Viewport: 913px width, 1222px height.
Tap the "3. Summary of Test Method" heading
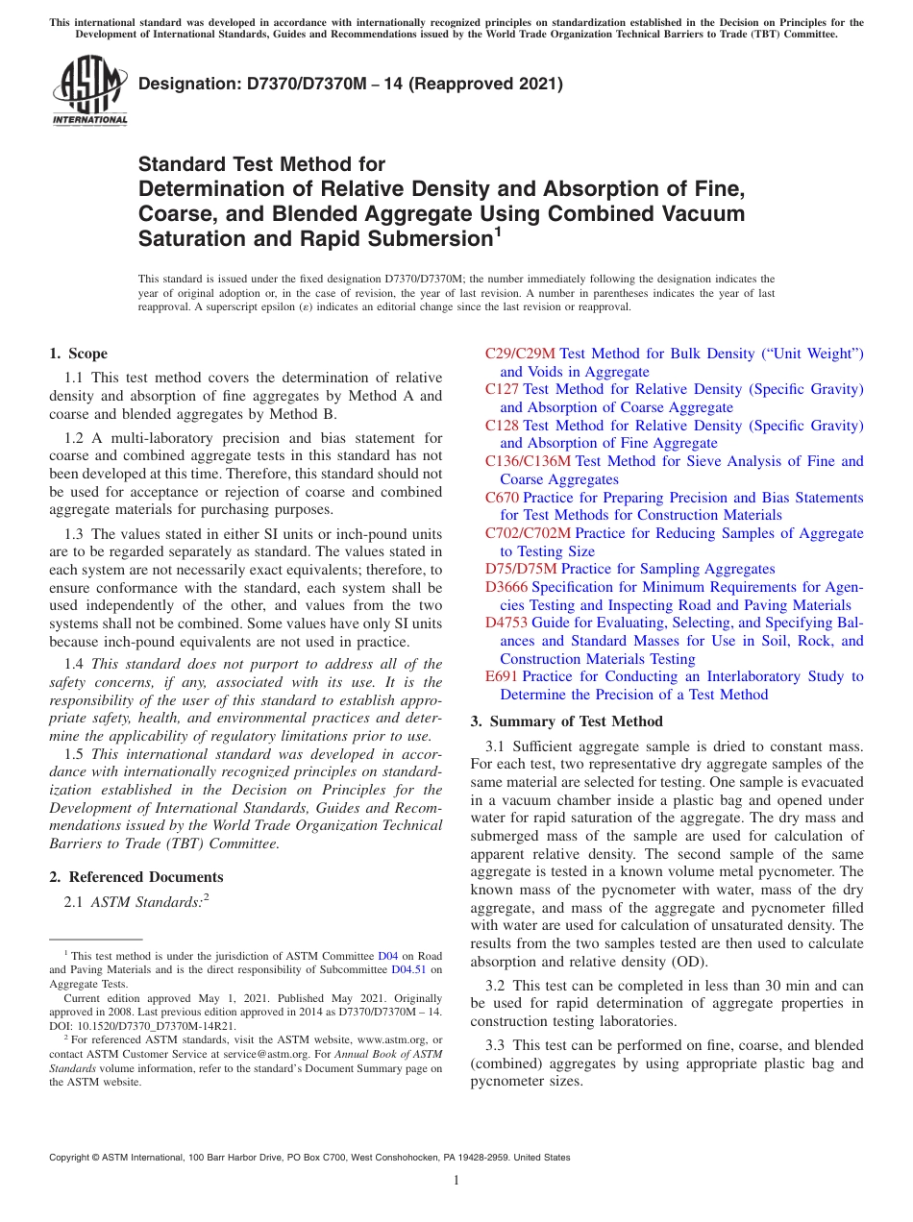click(x=566, y=721)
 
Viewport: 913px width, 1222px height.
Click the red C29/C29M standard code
click(x=520, y=354)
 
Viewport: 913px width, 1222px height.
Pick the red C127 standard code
click(x=502, y=389)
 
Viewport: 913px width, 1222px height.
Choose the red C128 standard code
click(x=502, y=425)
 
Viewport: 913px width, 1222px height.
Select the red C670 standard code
click(x=502, y=497)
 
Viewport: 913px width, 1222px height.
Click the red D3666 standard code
click(x=506, y=586)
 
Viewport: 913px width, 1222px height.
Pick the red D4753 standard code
click(x=506, y=623)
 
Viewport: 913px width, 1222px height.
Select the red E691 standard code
click(x=501, y=676)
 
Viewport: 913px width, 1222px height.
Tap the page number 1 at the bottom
click(x=456, y=1180)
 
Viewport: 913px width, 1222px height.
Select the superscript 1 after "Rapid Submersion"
click(x=498, y=232)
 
